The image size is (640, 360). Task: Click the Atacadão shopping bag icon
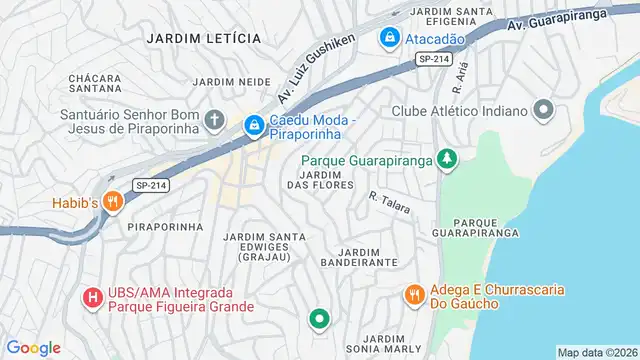[388, 38]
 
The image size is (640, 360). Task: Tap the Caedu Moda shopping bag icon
[254, 125]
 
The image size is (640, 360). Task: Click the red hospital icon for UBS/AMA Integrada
[92, 297]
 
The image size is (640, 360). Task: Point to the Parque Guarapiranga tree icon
[448, 160]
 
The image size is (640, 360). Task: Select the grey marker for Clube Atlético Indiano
[544, 110]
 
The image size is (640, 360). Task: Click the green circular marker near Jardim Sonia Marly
[319, 320]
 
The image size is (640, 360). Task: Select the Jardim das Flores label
[320, 179]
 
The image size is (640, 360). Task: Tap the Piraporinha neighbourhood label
[165, 227]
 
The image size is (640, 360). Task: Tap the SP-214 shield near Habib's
[151, 185]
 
